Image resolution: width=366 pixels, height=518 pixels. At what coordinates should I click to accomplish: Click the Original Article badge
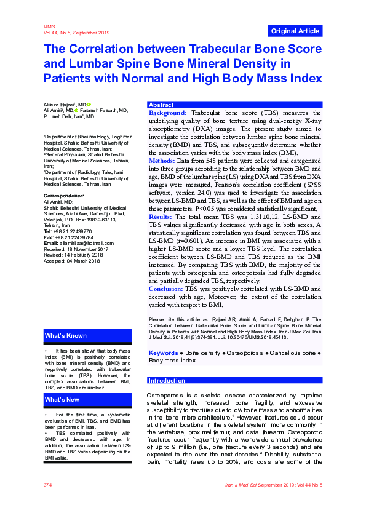[x=295, y=31]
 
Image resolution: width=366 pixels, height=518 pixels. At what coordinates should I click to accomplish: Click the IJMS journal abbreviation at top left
[x=49, y=27]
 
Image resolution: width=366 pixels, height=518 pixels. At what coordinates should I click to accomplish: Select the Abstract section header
[x=162, y=105]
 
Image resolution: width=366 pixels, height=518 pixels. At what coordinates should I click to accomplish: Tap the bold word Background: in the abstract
[x=168, y=113]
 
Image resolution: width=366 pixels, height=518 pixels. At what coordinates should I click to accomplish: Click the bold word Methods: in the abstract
[x=162, y=161]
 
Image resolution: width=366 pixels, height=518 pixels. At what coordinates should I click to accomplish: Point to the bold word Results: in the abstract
[x=161, y=217]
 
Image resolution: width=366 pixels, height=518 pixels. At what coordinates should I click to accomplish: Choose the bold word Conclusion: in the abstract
[x=166, y=289]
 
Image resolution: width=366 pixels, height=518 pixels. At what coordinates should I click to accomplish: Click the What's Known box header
[x=65, y=336]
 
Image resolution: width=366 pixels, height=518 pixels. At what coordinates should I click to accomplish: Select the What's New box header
[x=62, y=400]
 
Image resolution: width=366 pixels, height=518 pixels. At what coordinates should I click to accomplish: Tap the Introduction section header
[x=167, y=381]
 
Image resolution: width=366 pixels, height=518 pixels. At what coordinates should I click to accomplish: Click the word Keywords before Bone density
[x=164, y=353]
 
